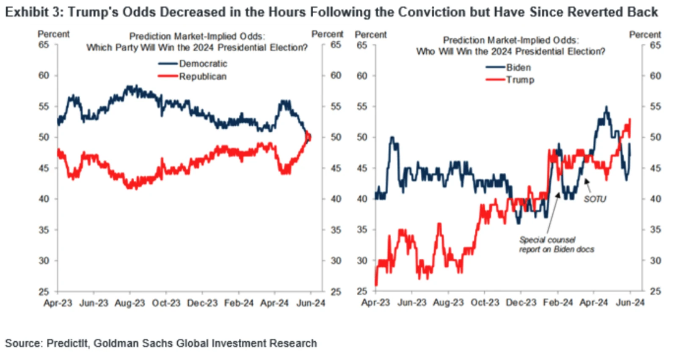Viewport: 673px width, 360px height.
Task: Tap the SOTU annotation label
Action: [x=595, y=199]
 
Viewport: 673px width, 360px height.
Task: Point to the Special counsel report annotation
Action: [x=556, y=245]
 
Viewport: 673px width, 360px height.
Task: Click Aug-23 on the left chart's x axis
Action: [x=130, y=303]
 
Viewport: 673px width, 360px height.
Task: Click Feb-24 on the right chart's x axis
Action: [x=557, y=303]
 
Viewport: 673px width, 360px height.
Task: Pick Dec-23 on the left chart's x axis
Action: [x=202, y=303]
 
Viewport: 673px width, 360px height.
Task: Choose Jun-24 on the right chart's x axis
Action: [x=630, y=303]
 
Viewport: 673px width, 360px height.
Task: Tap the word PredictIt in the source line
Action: [x=68, y=343]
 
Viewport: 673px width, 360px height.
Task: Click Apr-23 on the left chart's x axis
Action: [x=58, y=303]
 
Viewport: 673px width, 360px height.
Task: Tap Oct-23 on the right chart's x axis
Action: [x=485, y=303]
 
